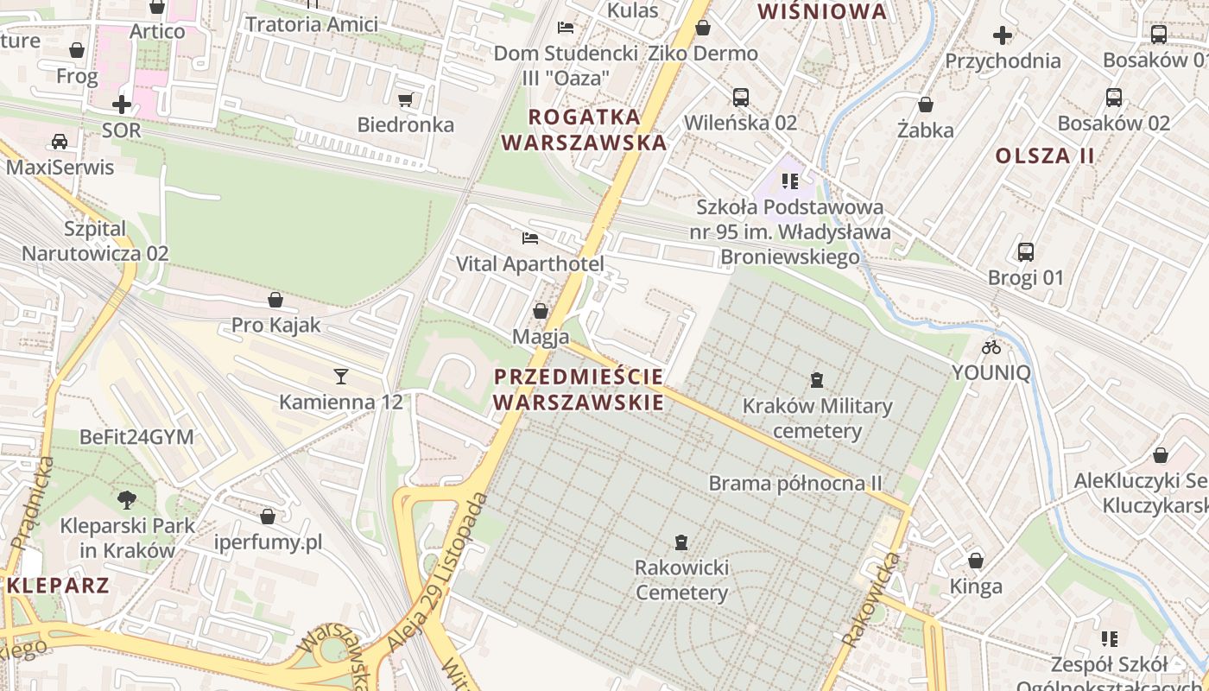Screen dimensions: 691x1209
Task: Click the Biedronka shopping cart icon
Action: point(406,99)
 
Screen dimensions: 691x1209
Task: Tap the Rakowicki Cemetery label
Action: point(681,580)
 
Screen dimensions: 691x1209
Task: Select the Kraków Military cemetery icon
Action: point(816,379)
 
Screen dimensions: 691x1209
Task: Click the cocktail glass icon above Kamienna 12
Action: point(341,376)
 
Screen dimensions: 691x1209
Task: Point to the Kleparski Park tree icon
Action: point(127,499)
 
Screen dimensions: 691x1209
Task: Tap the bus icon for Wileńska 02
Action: point(740,97)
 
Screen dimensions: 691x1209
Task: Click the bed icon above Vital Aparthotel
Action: point(529,238)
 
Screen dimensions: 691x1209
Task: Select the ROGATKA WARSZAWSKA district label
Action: point(585,130)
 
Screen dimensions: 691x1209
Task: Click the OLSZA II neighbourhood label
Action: point(1045,156)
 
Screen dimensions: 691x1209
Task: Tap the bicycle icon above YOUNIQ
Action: point(991,347)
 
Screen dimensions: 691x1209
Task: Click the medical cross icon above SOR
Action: point(122,105)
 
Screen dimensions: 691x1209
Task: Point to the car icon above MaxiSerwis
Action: point(59,141)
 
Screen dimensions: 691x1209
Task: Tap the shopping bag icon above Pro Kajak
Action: point(275,300)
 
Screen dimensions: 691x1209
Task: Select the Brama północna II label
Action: point(795,483)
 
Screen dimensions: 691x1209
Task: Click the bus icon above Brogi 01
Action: point(1026,252)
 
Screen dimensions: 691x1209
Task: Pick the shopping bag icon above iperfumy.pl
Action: point(268,517)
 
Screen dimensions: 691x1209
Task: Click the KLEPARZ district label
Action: point(59,586)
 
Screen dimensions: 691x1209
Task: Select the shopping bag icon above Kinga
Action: point(976,561)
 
